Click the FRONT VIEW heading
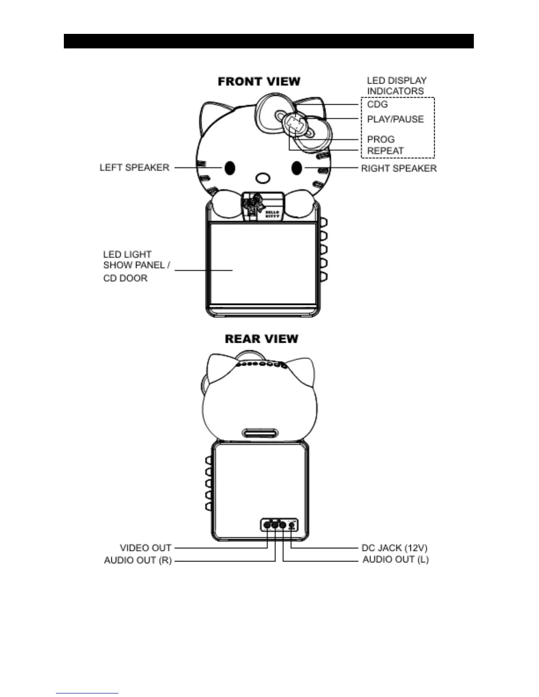pyautogui.click(x=259, y=81)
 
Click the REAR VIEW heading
pyautogui.click(x=262, y=339)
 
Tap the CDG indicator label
pyautogui.click(x=377, y=104)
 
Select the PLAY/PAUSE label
pyautogui.click(x=395, y=119)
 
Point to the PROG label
pyautogui.click(x=380, y=139)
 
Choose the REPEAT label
pyautogui.click(x=385, y=150)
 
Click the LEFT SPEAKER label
pyautogui.click(x=134, y=168)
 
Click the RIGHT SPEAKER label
pyautogui.click(x=399, y=168)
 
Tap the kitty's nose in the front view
pyautogui.click(x=262, y=178)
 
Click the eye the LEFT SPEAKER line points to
pyautogui.click(x=229, y=168)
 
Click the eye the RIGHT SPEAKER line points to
pyautogui.click(x=297, y=168)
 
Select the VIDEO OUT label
pyautogui.click(x=145, y=548)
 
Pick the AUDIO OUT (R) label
pyautogui.click(x=137, y=560)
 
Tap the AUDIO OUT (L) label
pyautogui.click(x=395, y=559)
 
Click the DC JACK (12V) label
pyautogui.click(x=394, y=548)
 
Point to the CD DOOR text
pyautogui.click(x=125, y=278)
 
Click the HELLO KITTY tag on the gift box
pyautogui.click(x=272, y=215)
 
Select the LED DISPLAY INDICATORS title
pyautogui.click(x=396, y=86)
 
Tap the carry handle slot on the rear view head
pyautogui.click(x=260, y=433)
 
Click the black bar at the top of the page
pyautogui.click(x=269, y=41)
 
